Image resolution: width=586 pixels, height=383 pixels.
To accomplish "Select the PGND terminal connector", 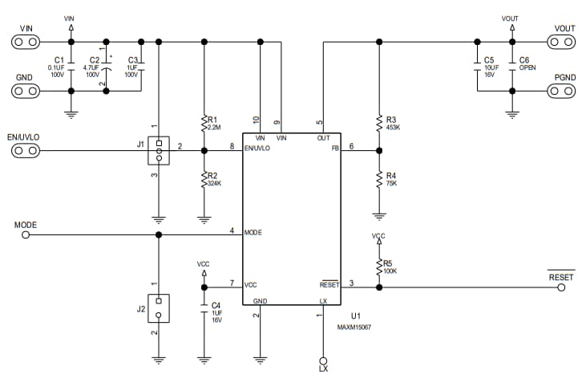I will (563, 90).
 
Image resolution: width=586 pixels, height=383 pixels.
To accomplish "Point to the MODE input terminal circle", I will (25, 235).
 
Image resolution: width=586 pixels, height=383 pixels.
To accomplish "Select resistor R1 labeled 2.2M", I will (204, 124).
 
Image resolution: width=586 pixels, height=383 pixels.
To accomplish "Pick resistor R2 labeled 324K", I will (204, 180).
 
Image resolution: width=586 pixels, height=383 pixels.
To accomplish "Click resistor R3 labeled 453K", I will (378, 123).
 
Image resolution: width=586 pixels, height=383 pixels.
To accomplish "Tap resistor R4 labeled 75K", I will (378, 179).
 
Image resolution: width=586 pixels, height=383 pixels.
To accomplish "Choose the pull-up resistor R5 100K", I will (378, 265).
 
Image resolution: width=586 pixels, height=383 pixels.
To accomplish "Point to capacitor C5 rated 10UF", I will (478, 64).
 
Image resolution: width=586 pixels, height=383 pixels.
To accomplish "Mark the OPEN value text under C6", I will (527, 68).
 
